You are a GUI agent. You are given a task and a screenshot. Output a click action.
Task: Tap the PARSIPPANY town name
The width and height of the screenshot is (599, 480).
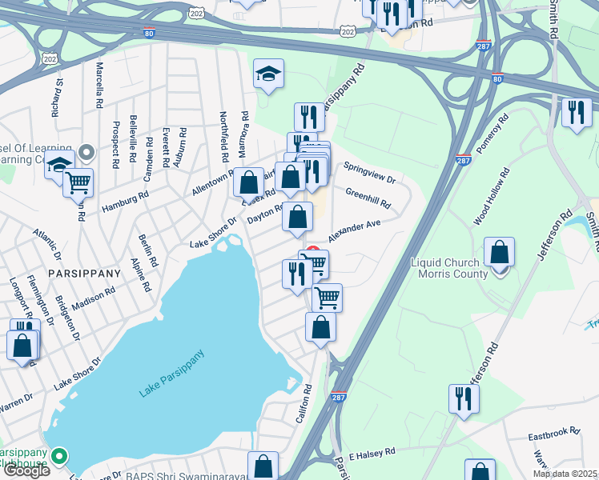(x=84, y=273)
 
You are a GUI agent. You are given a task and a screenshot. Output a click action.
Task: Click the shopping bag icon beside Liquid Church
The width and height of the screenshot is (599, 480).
(x=499, y=253)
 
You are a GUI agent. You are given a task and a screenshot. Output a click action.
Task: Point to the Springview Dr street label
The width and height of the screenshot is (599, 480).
(x=369, y=174)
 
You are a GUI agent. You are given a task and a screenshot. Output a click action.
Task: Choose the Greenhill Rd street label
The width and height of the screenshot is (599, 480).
(x=368, y=198)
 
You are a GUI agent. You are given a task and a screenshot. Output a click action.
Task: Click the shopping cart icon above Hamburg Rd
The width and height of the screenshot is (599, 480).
(x=78, y=183)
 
